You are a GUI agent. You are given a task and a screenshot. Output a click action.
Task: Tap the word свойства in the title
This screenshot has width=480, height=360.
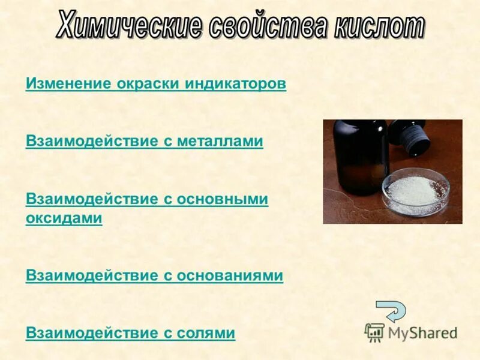point(266,27)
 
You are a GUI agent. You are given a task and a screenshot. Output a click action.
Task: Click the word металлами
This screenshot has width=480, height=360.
point(220,141)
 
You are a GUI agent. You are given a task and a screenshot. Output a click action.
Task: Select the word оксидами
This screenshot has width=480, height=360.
point(64,218)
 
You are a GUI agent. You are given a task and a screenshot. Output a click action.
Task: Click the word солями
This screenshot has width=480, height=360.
point(206,332)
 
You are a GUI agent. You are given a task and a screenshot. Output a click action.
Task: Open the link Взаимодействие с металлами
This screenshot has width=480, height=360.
point(145,141)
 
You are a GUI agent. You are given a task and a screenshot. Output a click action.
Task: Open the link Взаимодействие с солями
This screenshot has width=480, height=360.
point(130,332)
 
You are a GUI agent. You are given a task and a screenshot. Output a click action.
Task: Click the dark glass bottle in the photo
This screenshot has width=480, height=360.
point(360,156)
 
